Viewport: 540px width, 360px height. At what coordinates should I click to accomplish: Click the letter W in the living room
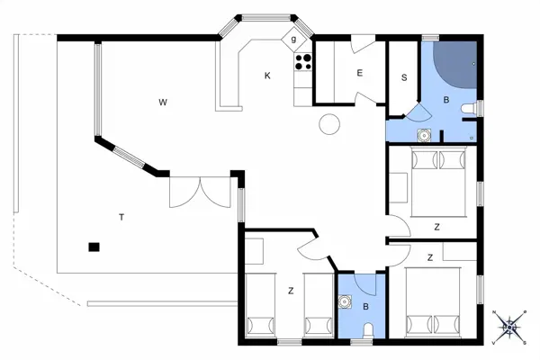163,102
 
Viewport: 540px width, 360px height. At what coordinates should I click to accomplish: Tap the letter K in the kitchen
267,76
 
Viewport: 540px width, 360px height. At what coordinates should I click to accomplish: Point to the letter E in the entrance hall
359,73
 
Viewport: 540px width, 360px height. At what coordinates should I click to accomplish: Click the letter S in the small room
404,77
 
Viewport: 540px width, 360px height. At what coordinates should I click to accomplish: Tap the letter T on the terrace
121,216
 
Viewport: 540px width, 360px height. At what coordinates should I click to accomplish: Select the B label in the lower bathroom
365,307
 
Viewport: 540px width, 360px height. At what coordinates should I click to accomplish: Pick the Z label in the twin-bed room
291,290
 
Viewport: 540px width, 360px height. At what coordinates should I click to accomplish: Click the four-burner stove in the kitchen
303,62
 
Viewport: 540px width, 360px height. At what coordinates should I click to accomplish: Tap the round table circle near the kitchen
330,123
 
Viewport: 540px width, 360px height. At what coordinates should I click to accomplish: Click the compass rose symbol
510,326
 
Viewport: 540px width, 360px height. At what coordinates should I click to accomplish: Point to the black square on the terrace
93,246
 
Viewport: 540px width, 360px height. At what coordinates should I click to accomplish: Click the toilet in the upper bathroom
469,109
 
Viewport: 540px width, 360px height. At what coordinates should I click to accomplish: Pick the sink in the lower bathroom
345,301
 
